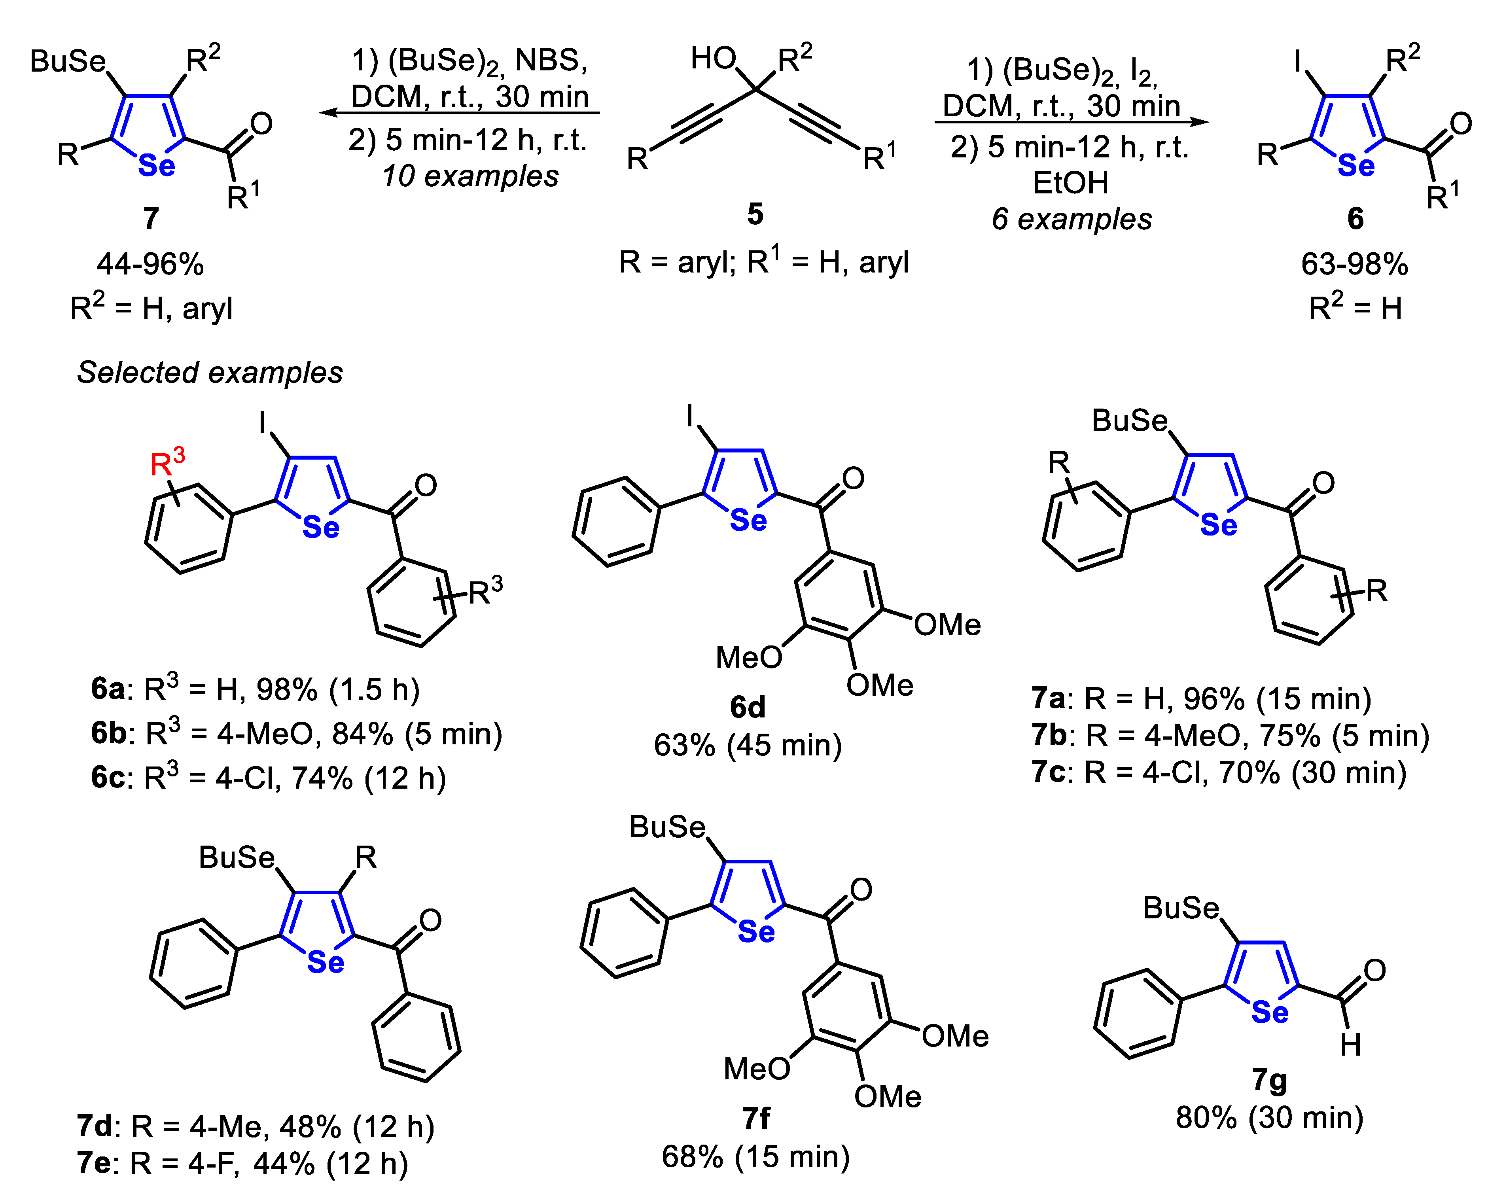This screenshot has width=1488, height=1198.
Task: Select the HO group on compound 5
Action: click(x=713, y=59)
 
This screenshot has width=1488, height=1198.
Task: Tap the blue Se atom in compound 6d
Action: click(x=748, y=520)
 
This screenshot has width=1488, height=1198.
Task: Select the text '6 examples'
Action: click(x=1071, y=220)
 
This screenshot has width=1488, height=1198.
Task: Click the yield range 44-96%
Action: click(x=150, y=264)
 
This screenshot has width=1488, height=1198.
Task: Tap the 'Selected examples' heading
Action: click(x=210, y=373)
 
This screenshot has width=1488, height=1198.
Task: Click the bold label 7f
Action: click(x=756, y=1119)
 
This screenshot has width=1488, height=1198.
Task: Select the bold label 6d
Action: click(x=748, y=707)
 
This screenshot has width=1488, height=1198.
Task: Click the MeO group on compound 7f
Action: click(x=756, y=1069)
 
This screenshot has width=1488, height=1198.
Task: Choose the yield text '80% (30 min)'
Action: click(x=1269, y=1119)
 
